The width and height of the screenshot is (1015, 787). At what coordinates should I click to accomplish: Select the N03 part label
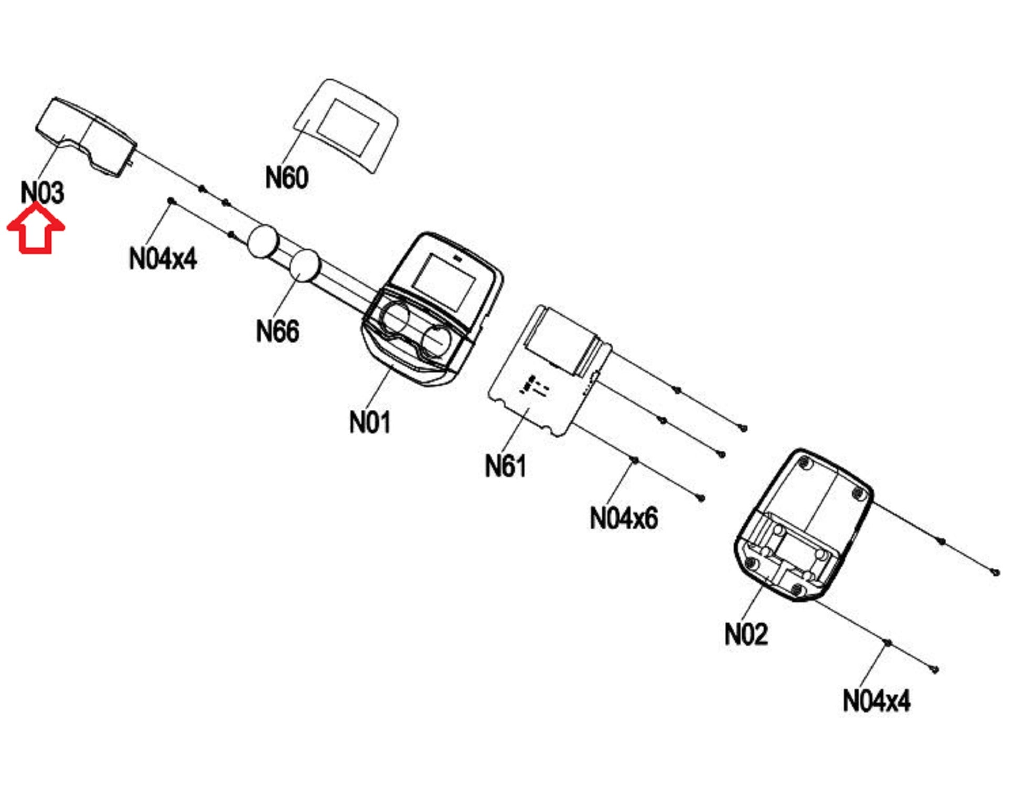click(42, 193)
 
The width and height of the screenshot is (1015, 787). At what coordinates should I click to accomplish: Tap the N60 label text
click(286, 177)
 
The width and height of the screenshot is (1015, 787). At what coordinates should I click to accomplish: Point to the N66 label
click(277, 331)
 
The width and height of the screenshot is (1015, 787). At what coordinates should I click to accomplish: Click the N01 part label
click(370, 422)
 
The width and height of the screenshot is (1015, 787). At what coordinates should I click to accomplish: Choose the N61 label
click(505, 466)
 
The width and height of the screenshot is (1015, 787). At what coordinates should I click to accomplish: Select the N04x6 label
click(624, 518)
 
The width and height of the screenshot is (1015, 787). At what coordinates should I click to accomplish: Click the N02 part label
click(746, 634)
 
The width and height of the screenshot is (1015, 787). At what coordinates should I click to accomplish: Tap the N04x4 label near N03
click(163, 258)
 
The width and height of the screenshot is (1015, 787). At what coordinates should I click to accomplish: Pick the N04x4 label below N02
click(877, 700)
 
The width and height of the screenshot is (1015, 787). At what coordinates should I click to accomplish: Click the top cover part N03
click(87, 136)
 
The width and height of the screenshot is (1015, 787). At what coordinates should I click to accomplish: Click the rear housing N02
click(803, 525)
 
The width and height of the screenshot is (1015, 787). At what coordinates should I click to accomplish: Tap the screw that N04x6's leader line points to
click(635, 461)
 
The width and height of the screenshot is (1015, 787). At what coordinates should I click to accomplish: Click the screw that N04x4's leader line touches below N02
click(888, 643)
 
